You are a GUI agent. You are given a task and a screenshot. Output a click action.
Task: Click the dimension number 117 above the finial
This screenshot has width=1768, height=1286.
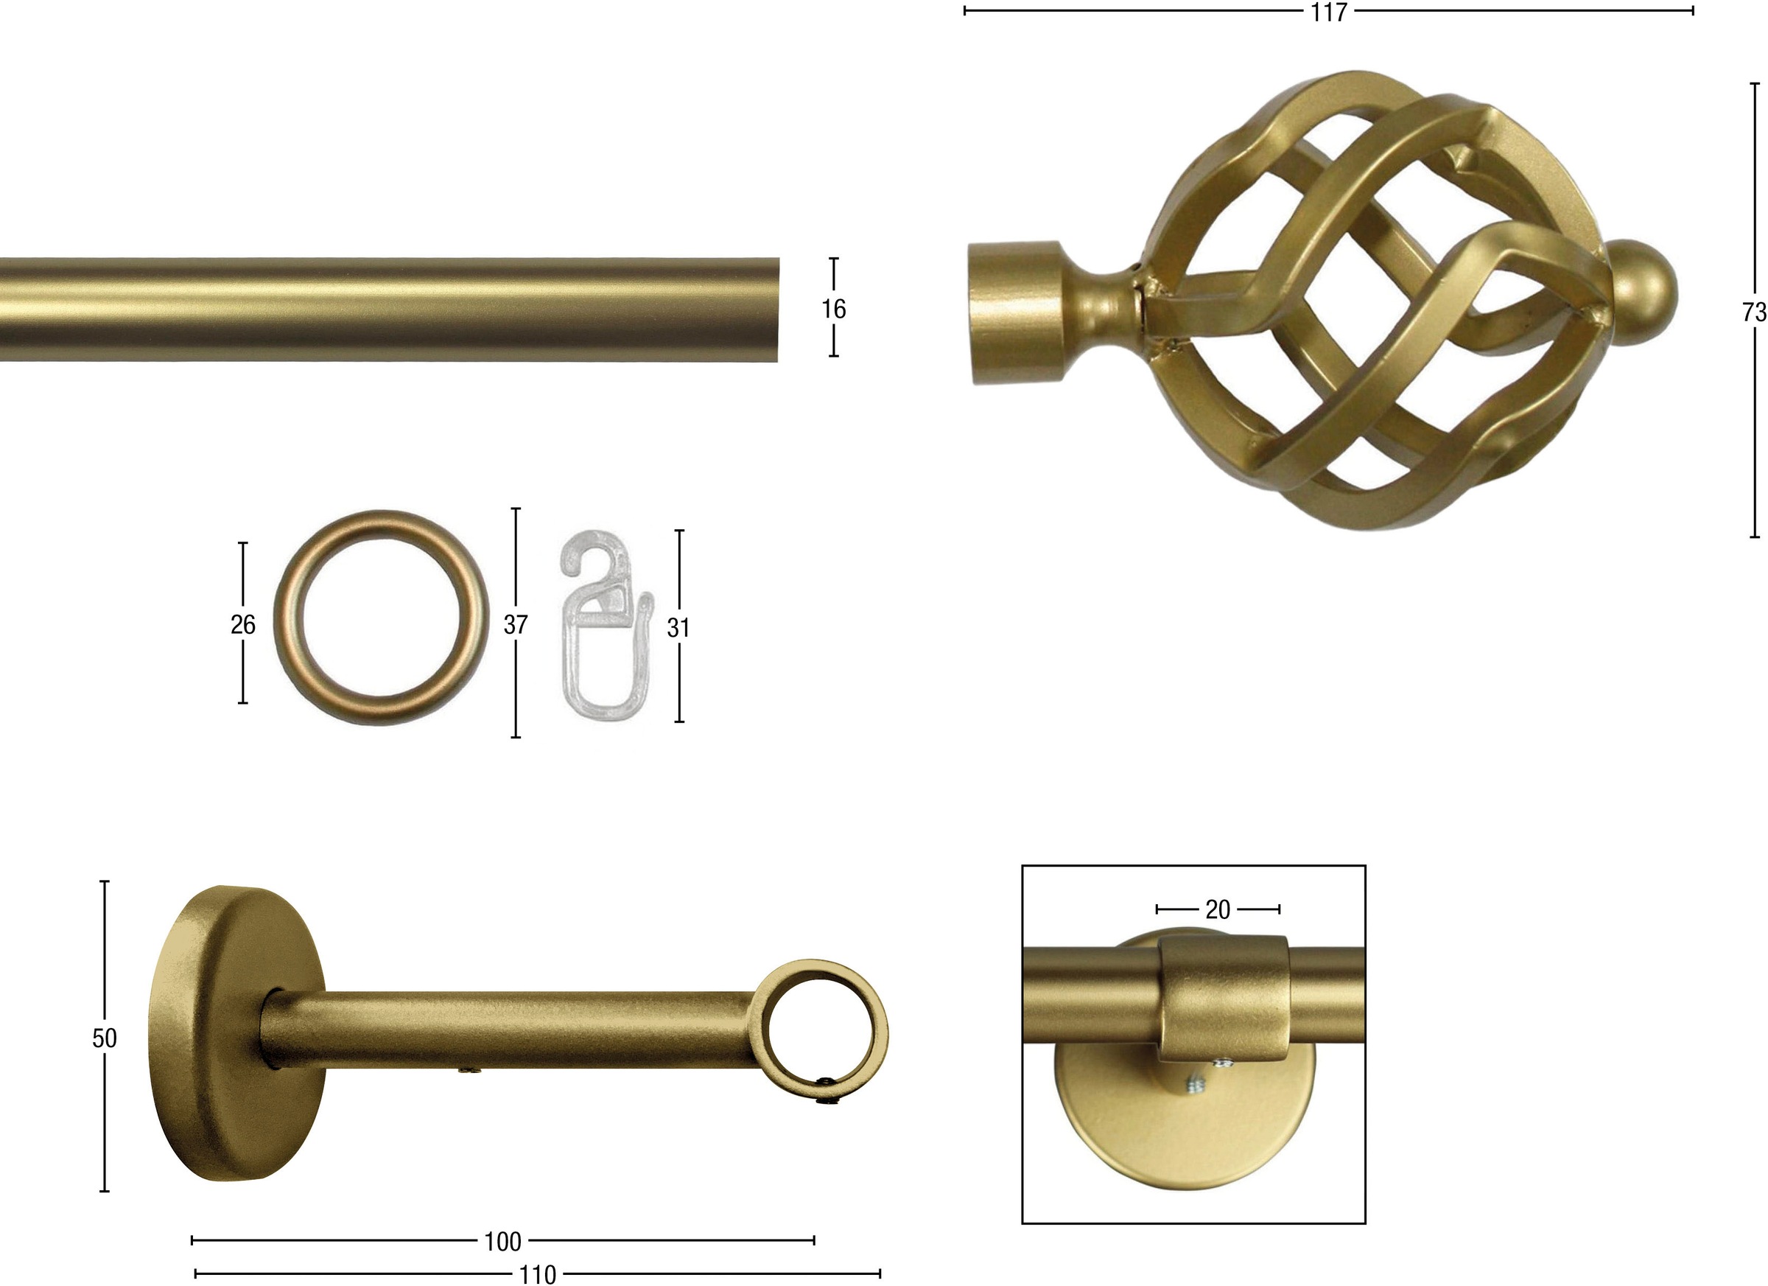1329,13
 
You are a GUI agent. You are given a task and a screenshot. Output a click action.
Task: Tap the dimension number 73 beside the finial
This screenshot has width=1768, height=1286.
1754,312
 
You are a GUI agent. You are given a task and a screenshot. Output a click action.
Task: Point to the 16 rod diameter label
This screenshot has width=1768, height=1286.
833,309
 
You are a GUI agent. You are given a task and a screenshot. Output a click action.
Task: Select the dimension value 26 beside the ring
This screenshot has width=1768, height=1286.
243,624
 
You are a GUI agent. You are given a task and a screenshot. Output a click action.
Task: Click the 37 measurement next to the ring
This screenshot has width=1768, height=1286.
515,624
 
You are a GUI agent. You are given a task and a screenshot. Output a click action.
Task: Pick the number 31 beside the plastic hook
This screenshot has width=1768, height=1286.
678,628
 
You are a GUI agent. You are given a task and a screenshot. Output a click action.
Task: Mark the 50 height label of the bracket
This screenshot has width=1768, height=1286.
105,1038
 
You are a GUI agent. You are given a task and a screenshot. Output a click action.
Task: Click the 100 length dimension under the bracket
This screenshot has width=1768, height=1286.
503,1242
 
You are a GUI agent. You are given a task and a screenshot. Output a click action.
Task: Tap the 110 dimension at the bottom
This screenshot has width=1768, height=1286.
537,1275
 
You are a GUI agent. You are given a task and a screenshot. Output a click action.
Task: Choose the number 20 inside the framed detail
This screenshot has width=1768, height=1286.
1218,909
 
